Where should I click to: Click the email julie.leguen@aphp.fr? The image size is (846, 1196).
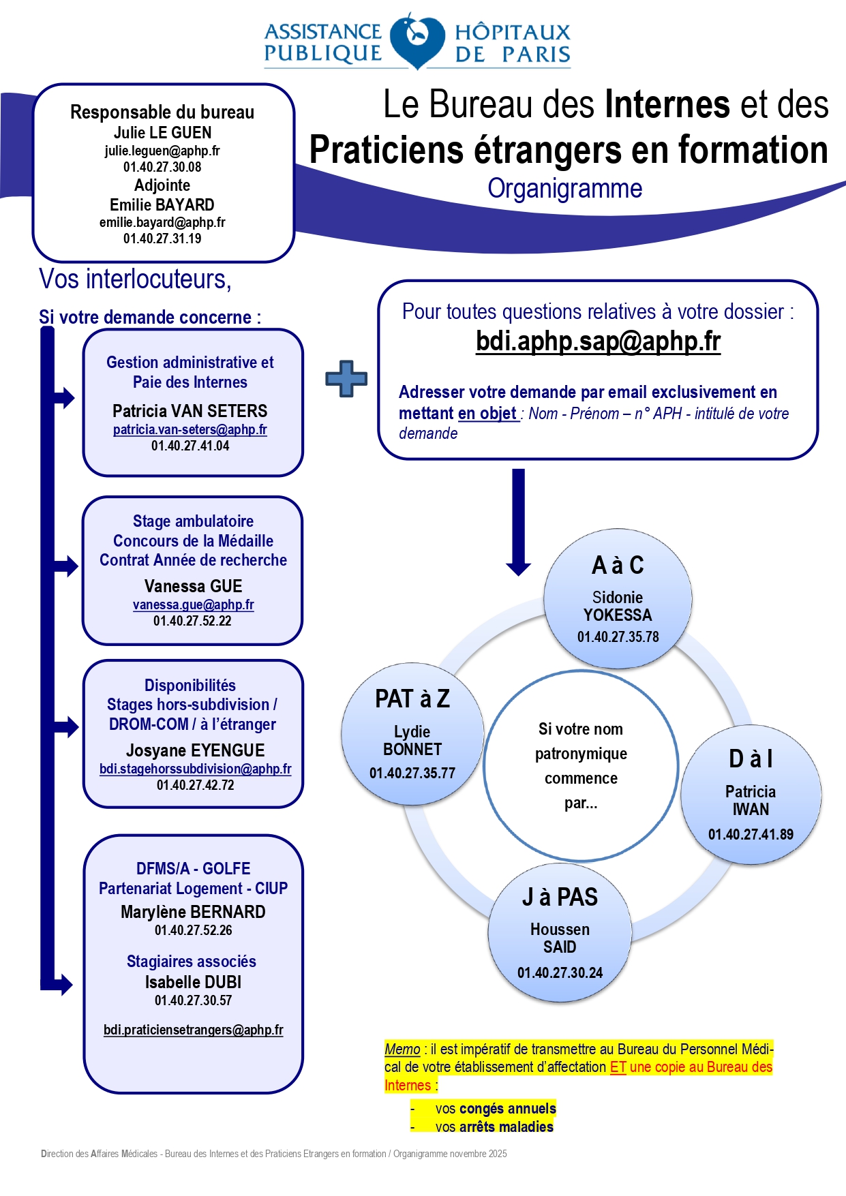162,151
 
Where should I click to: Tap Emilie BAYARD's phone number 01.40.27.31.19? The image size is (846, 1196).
162,239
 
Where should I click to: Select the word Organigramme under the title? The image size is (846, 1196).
564,189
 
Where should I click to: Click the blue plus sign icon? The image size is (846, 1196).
346,379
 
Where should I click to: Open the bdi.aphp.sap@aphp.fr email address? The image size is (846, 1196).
598,341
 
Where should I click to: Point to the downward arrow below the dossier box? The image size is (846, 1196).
519,521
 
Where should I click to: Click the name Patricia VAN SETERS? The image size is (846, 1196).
190,411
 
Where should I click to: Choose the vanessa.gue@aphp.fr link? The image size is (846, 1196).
193,604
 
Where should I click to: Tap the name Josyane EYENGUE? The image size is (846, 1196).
195,750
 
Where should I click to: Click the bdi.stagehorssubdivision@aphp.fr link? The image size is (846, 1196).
195,769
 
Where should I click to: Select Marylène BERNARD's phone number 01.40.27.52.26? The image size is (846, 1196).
193,930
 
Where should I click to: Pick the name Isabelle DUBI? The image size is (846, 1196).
193,982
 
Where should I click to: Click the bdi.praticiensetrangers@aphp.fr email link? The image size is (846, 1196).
193,1030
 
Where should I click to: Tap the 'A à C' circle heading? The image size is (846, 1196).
618,566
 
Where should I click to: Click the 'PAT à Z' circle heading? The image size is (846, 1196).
412,699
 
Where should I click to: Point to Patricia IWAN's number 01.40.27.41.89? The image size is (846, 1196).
751,834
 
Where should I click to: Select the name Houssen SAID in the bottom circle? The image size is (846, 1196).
560,938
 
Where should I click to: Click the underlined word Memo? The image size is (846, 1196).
402,1049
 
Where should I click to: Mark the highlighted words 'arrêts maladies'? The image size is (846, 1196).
506,1127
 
